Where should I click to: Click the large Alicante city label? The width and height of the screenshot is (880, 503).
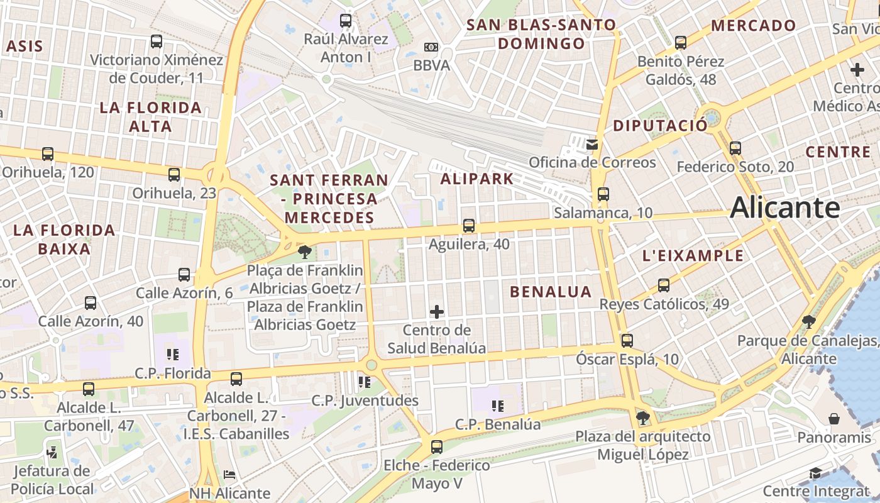tap(784, 207)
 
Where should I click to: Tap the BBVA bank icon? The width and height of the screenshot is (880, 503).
tap(431, 47)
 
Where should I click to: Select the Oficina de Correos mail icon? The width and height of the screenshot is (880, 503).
tap(591, 145)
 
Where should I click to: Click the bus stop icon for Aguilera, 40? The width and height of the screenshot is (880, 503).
tap(468, 226)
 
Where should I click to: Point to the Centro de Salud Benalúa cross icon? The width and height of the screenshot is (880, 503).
tap(437, 311)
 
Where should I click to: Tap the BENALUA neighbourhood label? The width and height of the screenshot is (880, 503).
tap(551, 292)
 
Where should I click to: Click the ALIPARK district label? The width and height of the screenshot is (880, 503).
tap(476, 179)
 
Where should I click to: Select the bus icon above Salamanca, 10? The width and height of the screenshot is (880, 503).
tap(603, 194)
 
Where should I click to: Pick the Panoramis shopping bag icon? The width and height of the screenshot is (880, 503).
tap(834, 419)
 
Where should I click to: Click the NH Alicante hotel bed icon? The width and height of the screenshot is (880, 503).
tap(229, 475)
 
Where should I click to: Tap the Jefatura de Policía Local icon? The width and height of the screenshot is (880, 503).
tap(52, 451)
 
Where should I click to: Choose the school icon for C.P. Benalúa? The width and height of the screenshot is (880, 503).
tap(498, 406)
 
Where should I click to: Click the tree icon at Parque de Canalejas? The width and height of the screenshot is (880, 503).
tap(809, 322)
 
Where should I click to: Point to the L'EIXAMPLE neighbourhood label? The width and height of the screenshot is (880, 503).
tap(693, 256)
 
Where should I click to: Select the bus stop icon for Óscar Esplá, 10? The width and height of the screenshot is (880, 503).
tap(627, 341)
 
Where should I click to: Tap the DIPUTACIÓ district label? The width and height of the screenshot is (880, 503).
tap(660, 126)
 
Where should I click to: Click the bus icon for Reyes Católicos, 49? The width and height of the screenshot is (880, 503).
tap(664, 285)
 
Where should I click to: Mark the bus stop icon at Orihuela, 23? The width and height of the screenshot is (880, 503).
tap(174, 175)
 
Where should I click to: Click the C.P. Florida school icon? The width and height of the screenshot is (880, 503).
tap(173, 355)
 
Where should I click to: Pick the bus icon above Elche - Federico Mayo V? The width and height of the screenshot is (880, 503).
tap(437, 447)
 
